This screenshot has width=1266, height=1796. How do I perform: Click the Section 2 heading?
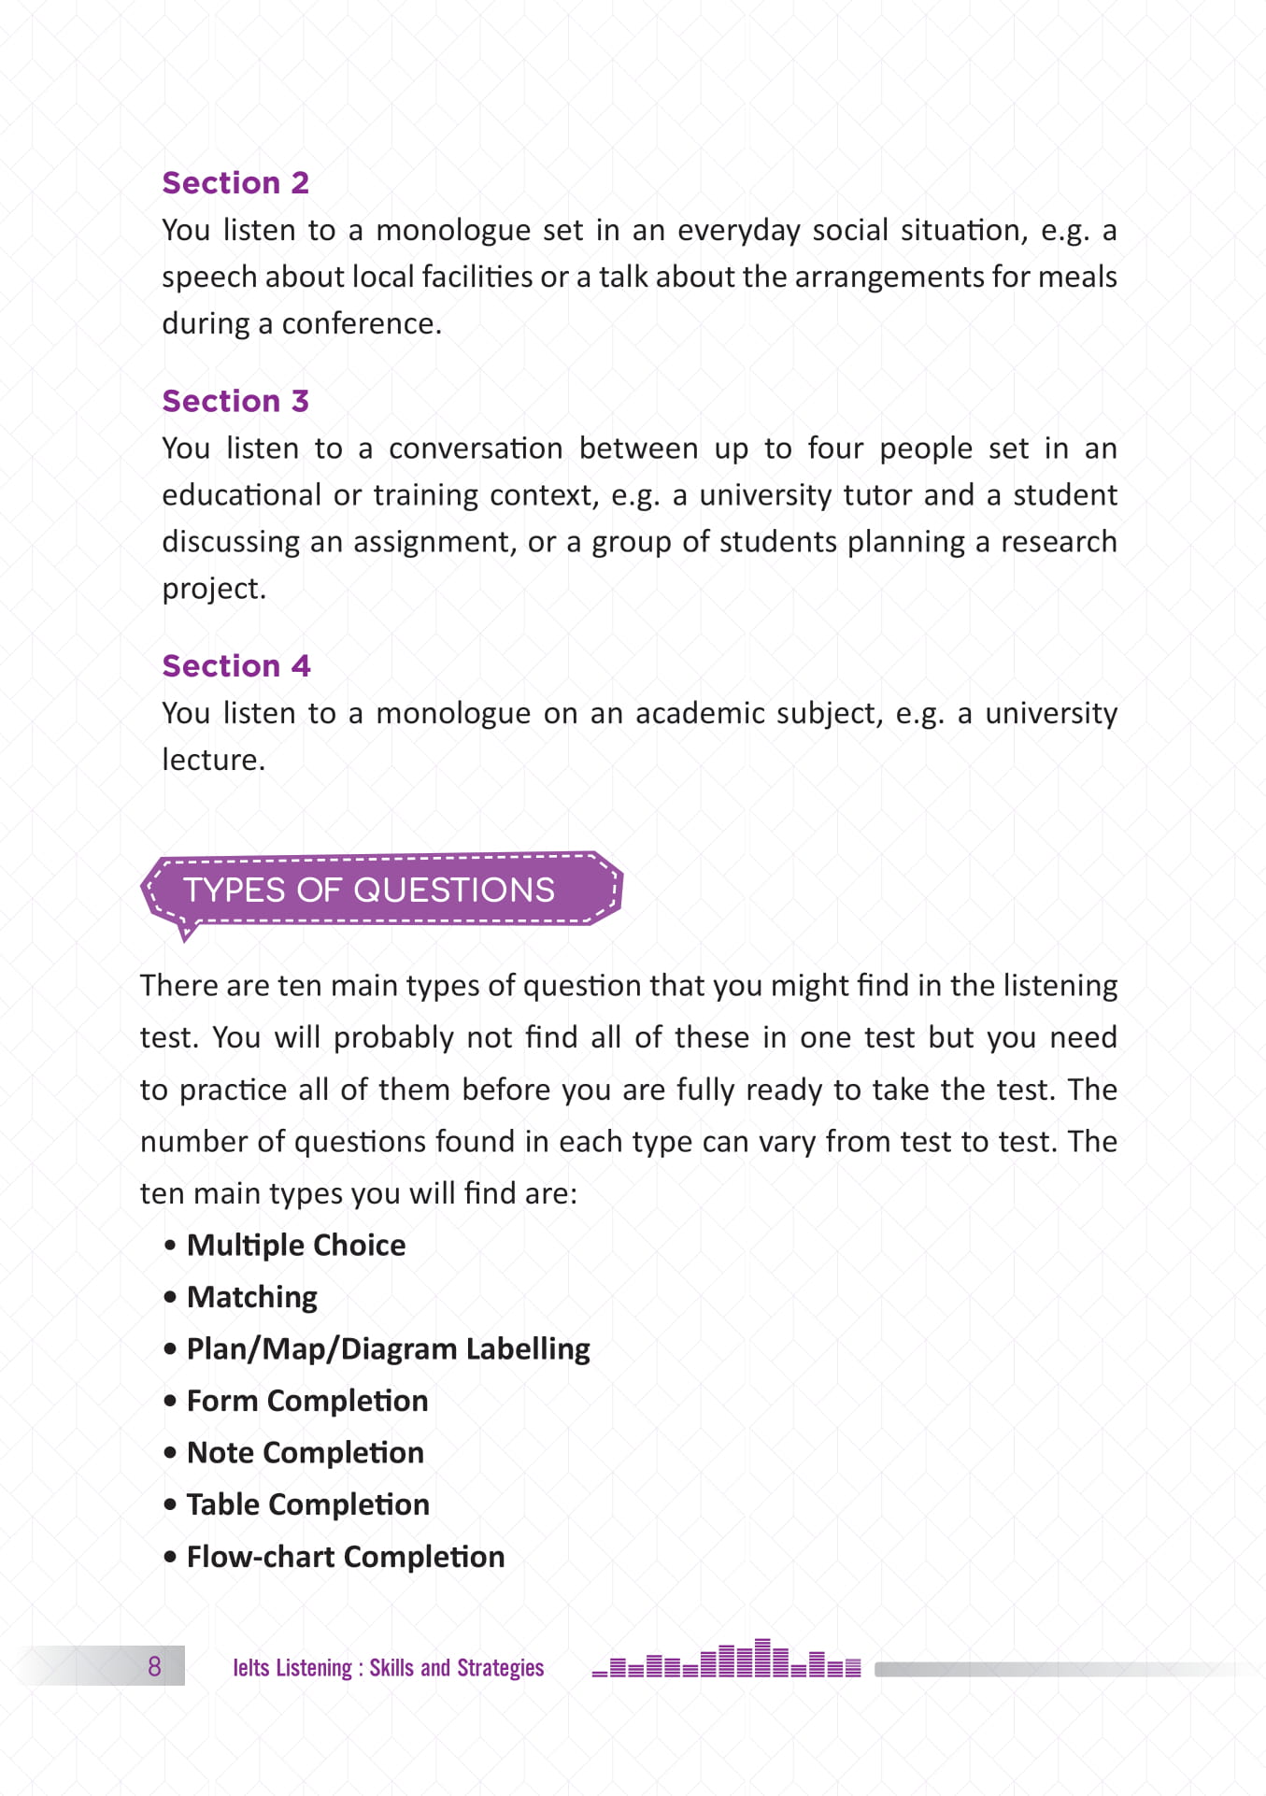235,183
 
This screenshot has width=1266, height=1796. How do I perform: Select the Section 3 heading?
235,401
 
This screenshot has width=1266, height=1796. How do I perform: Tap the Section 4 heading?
236,666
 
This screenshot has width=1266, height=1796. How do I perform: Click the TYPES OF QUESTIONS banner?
369,890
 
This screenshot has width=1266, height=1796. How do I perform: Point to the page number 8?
154,1665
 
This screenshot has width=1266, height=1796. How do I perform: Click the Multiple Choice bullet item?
295,1246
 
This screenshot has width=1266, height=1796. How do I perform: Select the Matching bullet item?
252,1297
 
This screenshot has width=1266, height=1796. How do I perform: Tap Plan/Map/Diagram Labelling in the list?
388,1349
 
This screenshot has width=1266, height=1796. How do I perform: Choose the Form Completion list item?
306,1401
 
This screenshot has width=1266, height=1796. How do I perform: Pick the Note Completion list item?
305,1453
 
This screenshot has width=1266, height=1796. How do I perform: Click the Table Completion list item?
307,1504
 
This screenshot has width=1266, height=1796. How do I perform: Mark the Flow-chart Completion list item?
345,1557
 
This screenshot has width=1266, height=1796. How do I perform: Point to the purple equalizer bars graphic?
726,1660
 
